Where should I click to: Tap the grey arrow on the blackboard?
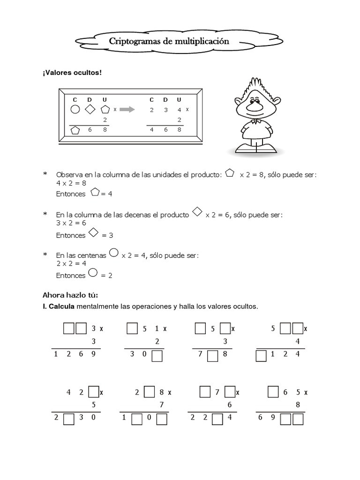click(127, 110)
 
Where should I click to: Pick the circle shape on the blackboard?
click(75, 110)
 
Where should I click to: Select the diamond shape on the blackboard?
click(90, 110)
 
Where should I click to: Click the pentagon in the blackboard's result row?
click(75, 130)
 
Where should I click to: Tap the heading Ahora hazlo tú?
click(70, 295)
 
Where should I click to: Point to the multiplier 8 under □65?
click(297, 405)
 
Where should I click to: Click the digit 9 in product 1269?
click(93, 354)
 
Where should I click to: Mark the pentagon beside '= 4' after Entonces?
click(95, 192)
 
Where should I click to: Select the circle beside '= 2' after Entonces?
click(93, 273)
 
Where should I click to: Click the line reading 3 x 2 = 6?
click(68, 223)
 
